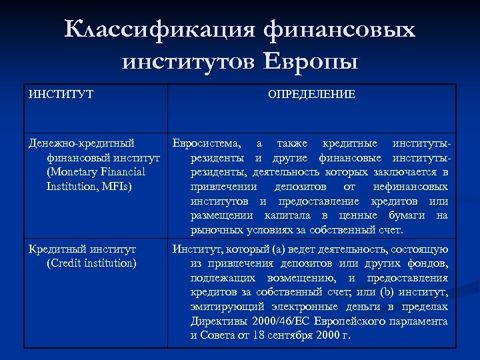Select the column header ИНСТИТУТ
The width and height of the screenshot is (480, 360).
coord(61,94)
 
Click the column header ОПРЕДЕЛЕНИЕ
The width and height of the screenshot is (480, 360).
coord(311,94)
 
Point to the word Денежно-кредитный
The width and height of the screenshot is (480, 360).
coord(81,143)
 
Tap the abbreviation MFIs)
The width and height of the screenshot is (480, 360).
coord(115,187)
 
